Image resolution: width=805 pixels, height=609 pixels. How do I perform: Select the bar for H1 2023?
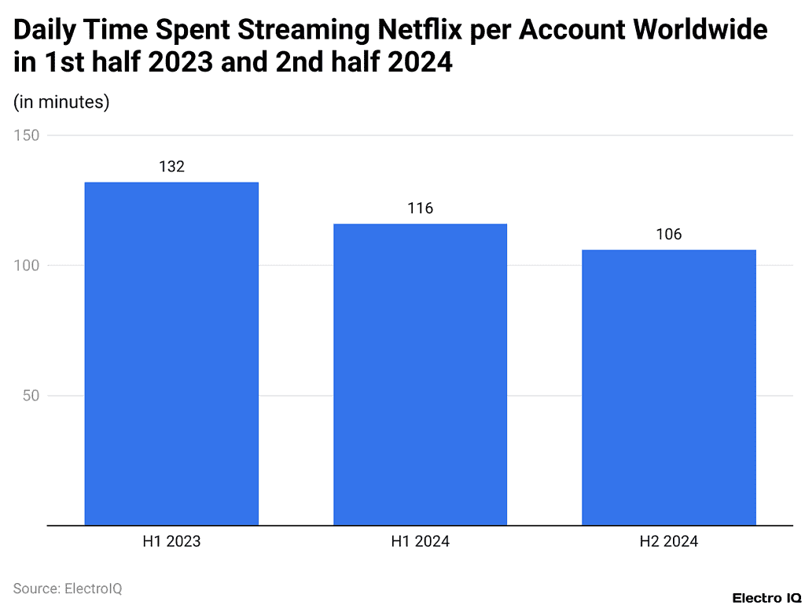click(171, 353)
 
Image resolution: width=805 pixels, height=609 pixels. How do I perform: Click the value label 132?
click(171, 167)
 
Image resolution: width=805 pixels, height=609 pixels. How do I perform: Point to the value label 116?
click(420, 209)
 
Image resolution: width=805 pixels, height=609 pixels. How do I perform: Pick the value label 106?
click(668, 234)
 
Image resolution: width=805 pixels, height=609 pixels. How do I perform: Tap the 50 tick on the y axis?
click(31, 396)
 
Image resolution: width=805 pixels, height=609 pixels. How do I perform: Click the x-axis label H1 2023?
click(171, 541)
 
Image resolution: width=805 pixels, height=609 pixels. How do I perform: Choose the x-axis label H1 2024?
click(420, 541)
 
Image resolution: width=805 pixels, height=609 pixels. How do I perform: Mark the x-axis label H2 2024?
click(668, 541)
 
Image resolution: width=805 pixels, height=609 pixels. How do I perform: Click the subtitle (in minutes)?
click(61, 101)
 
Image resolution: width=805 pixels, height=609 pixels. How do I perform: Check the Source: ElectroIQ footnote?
click(68, 588)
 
